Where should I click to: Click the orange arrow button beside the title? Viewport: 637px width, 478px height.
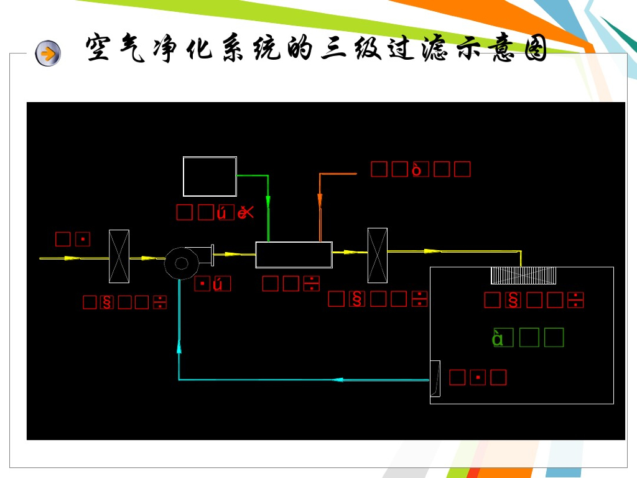48,54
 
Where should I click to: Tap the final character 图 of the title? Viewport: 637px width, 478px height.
533,49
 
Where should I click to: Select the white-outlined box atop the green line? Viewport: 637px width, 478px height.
210,177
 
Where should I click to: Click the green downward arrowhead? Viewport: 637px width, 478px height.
268,202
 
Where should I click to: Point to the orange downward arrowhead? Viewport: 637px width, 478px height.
320,200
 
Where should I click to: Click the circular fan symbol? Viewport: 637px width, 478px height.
182,263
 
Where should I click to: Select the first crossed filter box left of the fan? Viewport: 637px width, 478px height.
119,256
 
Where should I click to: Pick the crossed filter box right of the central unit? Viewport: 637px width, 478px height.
377,255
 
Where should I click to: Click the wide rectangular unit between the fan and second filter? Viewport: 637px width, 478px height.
294,255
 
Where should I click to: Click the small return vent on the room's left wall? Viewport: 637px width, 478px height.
435,378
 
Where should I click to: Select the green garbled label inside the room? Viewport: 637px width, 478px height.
528,337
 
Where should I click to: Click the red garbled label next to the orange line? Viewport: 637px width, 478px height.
421,169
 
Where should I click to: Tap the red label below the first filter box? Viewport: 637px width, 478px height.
125,302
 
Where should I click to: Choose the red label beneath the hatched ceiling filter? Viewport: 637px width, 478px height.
534,300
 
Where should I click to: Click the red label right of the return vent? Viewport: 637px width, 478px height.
477,377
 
